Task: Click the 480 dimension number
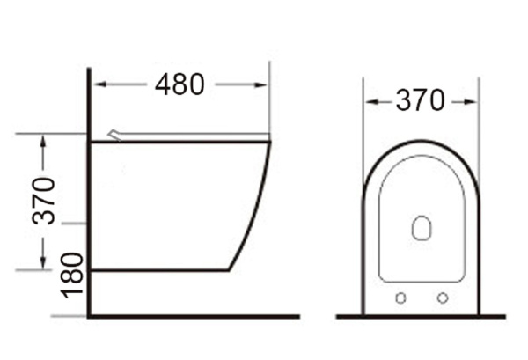(180, 84)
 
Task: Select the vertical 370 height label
(44, 201)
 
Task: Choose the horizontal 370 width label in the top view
(420, 101)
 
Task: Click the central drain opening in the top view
(421, 229)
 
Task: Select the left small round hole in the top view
(400, 297)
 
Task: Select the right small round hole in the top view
(442, 297)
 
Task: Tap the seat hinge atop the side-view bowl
(115, 135)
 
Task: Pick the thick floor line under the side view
(194, 316)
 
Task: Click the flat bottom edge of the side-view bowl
(158, 269)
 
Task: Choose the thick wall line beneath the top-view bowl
(421, 315)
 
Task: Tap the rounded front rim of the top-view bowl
(421, 142)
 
